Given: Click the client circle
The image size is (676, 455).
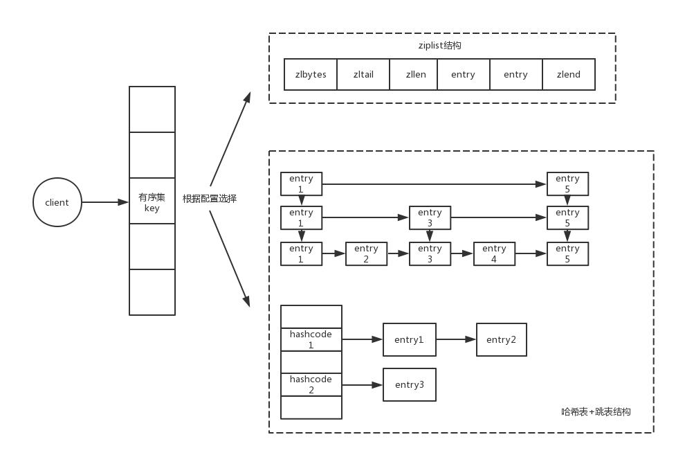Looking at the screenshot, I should [x=57, y=202].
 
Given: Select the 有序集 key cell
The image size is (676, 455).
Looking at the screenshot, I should [x=152, y=202].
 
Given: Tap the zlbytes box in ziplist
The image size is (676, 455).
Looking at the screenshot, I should [x=311, y=75].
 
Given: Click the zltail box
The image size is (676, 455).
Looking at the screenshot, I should [x=363, y=75].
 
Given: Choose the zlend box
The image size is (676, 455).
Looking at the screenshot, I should [x=568, y=75].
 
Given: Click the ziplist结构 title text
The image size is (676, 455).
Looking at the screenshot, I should [x=441, y=45].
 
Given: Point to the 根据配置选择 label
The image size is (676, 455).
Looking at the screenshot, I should [x=210, y=199].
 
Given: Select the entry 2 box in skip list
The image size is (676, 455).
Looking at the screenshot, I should [x=366, y=253].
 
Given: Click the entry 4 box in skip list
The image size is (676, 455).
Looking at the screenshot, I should [x=494, y=253].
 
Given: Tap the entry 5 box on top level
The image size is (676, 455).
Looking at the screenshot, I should [x=567, y=184].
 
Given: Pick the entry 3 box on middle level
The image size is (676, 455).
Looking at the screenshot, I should [x=430, y=217].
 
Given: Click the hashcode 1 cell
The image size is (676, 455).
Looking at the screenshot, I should [x=311, y=339].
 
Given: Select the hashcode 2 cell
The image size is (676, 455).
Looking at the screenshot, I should [x=311, y=384].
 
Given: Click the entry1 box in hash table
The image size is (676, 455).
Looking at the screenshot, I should [x=410, y=339].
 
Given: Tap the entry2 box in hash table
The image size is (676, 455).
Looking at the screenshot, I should [x=501, y=339].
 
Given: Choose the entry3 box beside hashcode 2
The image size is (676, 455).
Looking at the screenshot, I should [x=410, y=384].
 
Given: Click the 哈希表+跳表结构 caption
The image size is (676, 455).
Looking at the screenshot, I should [x=596, y=411].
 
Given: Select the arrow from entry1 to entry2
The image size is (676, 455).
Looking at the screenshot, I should [x=456, y=339].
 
